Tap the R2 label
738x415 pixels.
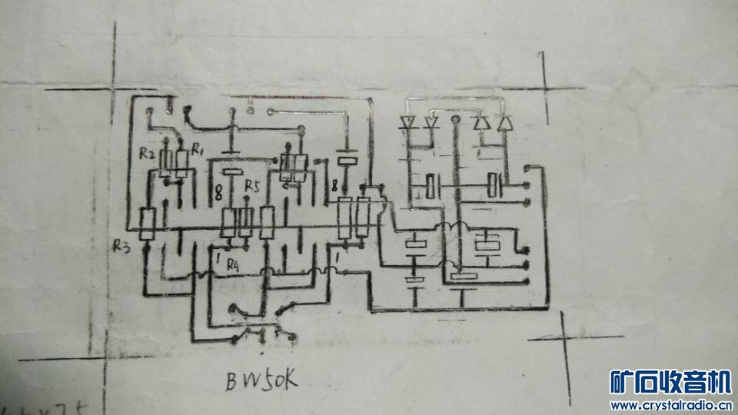[x=147, y=154]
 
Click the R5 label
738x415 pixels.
[x=252, y=186]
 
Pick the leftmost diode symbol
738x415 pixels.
[x=407, y=121]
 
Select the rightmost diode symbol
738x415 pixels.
[x=504, y=122]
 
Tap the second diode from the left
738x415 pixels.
[x=430, y=121]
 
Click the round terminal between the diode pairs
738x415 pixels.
[x=456, y=121]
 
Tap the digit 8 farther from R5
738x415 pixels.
[x=333, y=184]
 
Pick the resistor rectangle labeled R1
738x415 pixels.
[x=182, y=164]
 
